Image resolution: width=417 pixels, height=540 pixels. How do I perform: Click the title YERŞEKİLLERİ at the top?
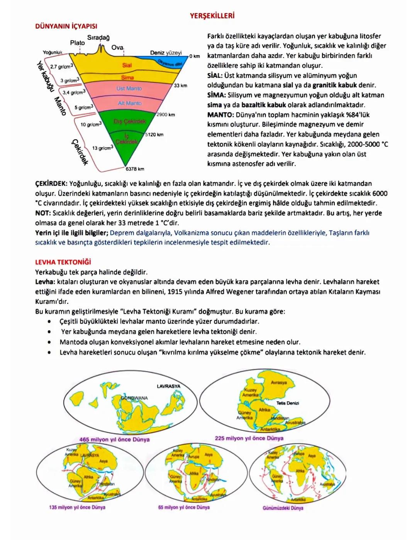[212, 16]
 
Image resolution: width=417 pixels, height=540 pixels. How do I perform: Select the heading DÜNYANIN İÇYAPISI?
[66, 26]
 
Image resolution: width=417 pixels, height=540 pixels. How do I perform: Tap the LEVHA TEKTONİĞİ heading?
[63, 262]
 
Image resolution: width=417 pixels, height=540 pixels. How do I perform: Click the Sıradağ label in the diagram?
[98, 37]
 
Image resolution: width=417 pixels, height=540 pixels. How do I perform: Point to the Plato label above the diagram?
[77, 43]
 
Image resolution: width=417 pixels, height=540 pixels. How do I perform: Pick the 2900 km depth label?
[166, 115]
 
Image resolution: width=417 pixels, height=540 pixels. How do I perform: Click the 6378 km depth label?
[135, 169]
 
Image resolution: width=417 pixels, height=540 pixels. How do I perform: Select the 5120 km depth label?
[154, 135]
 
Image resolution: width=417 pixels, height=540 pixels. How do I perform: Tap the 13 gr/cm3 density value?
[103, 148]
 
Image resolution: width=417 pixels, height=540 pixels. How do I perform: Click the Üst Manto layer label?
[129, 89]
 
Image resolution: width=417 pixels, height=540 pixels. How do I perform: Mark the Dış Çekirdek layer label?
[130, 121]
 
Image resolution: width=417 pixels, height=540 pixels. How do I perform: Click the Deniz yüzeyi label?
[166, 53]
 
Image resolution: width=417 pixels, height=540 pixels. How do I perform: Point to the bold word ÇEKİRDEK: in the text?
[51, 184]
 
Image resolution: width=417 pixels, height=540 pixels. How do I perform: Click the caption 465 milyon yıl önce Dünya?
[114, 439]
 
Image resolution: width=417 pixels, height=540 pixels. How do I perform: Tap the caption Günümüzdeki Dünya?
[283, 508]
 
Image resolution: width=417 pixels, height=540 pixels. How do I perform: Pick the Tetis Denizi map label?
[288, 403]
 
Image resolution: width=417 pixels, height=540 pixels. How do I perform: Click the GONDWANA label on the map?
[134, 398]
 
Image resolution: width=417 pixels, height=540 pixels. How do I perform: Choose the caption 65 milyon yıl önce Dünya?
[184, 507]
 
